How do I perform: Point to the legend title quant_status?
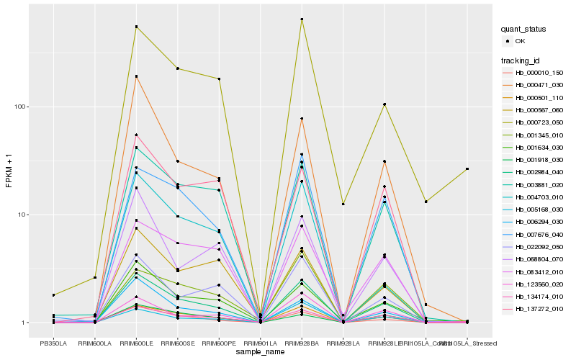click(x=523, y=29)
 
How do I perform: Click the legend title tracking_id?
click(x=521, y=60)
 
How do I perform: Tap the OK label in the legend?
click(x=521, y=41)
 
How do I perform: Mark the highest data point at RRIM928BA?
click(x=302, y=19)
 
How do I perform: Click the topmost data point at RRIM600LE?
click(x=136, y=27)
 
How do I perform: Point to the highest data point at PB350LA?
click(x=53, y=295)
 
